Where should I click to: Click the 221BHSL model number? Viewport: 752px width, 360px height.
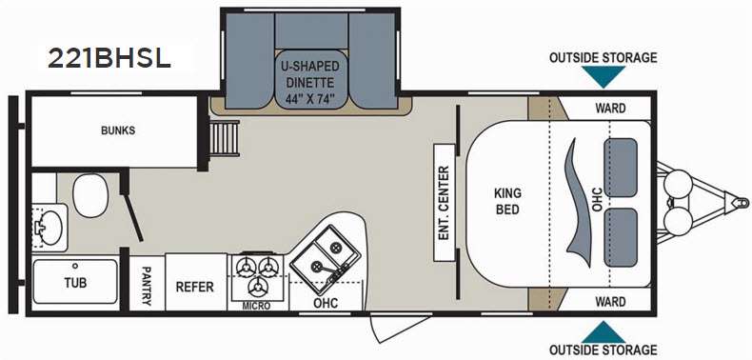click(x=109, y=58)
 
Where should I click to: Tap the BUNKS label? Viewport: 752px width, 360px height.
click(x=118, y=130)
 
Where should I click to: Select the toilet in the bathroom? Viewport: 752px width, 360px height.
click(x=91, y=195)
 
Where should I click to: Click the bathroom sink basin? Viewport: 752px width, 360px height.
click(x=49, y=228)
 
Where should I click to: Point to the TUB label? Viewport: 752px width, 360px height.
click(x=76, y=283)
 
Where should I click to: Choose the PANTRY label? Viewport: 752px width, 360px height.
click(x=147, y=287)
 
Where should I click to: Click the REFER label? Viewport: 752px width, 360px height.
click(x=195, y=287)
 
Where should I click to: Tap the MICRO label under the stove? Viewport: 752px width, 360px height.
click(x=256, y=307)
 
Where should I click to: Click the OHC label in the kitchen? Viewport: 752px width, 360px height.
click(x=326, y=303)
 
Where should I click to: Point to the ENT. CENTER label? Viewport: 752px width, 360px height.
click(x=444, y=203)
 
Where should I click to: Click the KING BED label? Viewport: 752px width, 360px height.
click(x=507, y=202)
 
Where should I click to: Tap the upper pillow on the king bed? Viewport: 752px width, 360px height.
click(x=620, y=168)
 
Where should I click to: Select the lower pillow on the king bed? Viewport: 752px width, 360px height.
click(x=621, y=237)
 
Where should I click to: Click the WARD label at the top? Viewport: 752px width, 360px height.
click(x=610, y=108)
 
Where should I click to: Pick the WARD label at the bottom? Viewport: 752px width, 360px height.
click(x=610, y=302)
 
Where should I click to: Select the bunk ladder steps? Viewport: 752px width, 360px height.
click(x=225, y=138)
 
